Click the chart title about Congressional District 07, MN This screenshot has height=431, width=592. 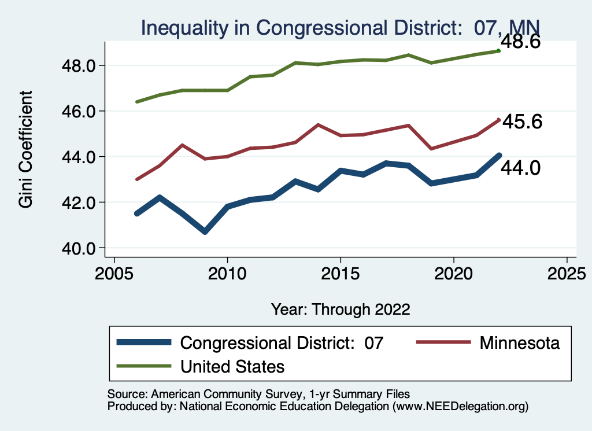(x=341, y=27)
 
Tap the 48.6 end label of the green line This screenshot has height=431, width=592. (x=520, y=42)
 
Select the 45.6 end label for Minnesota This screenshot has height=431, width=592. (x=522, y=122)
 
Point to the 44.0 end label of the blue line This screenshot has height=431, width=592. (x=520, y=168)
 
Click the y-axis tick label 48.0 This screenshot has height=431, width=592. (x=82, y=65)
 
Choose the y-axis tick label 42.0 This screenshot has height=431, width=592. (x=82, y=202)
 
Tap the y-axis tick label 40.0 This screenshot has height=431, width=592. (x=82, y=248)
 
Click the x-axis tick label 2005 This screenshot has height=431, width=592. (x=114, y=273)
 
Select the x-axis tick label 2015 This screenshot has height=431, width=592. (x=341, y=273)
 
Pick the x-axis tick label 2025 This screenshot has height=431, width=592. (x=567, y=273)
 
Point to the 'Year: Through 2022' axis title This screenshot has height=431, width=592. (x=341, y=309)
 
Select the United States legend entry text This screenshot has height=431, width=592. (x=232, y=366)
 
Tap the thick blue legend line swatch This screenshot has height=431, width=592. (x=144, y=342)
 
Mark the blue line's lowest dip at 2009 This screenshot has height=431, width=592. (x=205, y=231)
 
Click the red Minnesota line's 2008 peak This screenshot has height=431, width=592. (x=182, y=145)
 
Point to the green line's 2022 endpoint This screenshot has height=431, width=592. (x=499, y=51)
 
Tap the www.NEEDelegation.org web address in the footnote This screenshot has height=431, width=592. (x=460, y=407)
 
